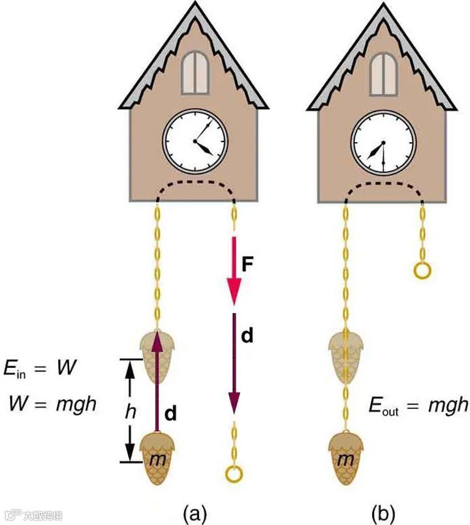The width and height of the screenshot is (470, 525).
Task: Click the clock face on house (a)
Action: click(x=195, y=142)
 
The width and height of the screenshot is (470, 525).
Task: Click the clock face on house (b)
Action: click(x=383, y=142)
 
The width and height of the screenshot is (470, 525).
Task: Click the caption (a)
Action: click(x=194, y=513)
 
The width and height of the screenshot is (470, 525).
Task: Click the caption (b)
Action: click(x=383, y=513)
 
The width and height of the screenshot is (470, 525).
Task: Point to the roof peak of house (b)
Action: click(x=383, y=7)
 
